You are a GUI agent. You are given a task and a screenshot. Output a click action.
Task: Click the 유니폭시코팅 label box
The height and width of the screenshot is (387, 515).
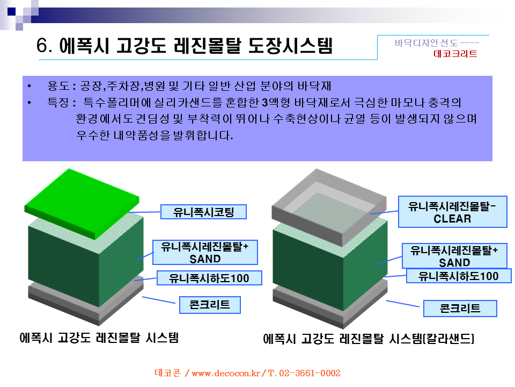(x=203, y=212)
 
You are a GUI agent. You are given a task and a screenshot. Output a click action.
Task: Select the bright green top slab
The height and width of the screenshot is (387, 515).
(x=82, y=203)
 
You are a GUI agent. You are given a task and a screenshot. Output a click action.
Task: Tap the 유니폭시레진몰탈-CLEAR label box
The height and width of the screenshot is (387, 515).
(x=453, y=212)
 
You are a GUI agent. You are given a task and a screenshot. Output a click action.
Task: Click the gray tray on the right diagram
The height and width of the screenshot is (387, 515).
(x=329, y=207)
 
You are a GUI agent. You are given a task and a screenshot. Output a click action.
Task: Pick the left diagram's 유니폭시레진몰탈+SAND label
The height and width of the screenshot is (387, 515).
(x=205, y=253)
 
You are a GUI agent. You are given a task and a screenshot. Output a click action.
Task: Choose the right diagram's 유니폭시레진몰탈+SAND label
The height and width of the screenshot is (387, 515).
(x=454, y=256)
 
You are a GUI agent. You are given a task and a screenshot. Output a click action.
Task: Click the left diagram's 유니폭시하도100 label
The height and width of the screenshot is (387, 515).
(x=209, y=278)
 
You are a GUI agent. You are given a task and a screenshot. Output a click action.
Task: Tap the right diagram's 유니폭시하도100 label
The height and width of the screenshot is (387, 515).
(x=459, y=276)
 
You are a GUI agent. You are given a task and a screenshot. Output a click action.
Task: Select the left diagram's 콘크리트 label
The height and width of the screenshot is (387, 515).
(x=210, y=305)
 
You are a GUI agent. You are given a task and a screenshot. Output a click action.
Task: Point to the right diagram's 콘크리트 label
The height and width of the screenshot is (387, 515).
(x=460, y=309)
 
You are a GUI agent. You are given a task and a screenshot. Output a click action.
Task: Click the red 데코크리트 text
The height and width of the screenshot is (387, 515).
(x=455, y=54)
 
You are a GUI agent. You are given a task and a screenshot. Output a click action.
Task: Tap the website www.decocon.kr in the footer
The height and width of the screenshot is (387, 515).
(x=226, y=373)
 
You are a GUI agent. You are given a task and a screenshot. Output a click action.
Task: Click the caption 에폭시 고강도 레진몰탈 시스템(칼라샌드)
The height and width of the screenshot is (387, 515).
(x=369, y=339)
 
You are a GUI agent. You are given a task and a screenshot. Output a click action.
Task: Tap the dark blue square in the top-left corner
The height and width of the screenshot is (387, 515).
(x=11, y=11)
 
